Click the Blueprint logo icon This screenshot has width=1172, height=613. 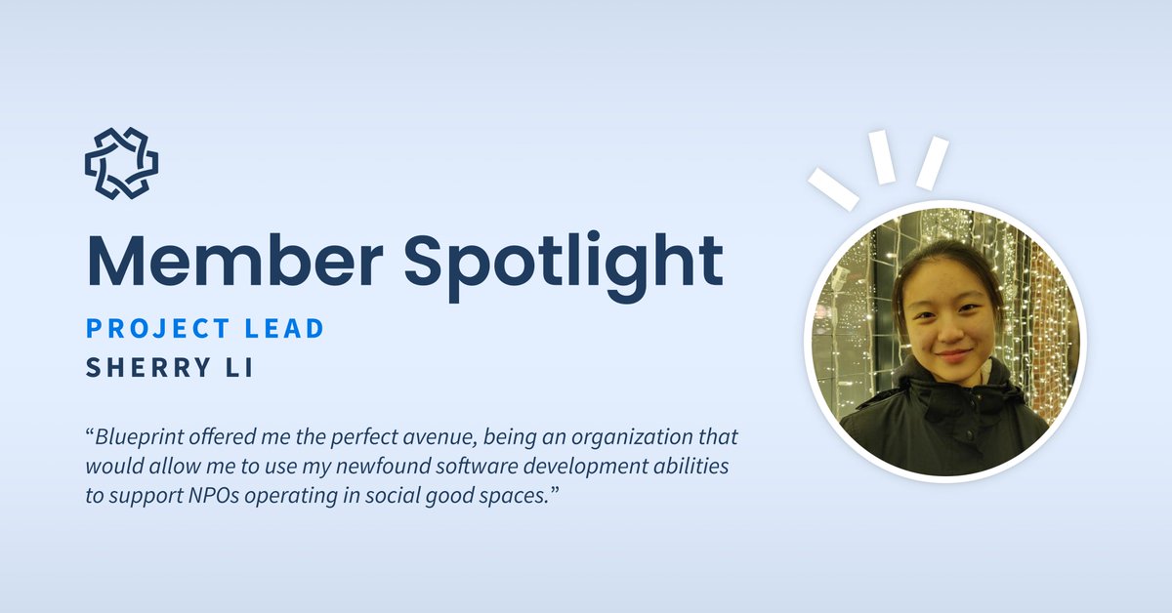[121, 163]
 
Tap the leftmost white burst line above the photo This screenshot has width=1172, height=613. [832, 187]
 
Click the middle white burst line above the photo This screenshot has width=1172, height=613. [884, 157]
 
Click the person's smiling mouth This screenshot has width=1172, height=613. [951, 356]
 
